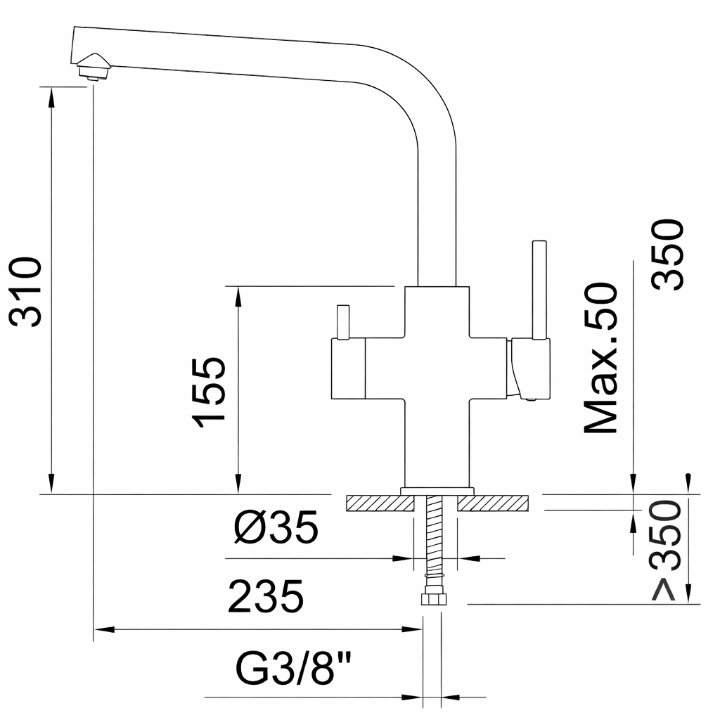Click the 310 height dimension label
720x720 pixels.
point(26,292)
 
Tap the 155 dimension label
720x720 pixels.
point(209,392)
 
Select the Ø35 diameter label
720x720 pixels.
point(276,527)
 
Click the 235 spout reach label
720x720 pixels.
point(266,596)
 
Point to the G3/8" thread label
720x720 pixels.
point(293,668)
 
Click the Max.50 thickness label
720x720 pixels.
point(600,358)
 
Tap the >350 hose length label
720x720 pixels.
point(667,551)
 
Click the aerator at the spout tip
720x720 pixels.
point(94,67)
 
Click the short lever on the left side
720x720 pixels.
point(343,322)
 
